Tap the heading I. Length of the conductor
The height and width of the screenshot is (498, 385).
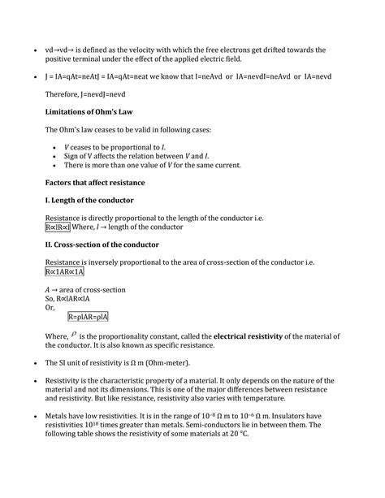(89, 199)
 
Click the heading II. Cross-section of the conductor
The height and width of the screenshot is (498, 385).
(102, 244)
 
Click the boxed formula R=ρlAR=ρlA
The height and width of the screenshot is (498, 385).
(89, 316)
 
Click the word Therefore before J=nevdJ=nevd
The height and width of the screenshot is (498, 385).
(63, 94)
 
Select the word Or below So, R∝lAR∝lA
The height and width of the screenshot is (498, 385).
(50, 307)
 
